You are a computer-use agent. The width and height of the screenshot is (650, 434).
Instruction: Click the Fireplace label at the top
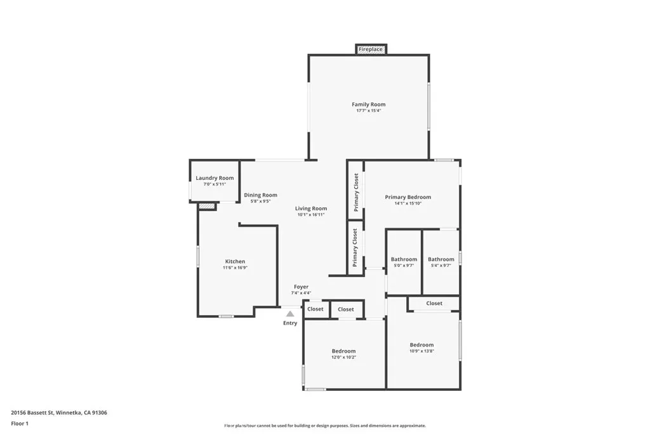point(371,49)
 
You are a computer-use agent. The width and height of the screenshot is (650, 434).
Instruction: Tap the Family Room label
point(368,104)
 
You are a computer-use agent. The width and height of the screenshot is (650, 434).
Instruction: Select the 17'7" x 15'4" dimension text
point(368,111)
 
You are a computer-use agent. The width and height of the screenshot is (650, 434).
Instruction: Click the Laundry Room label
point(215,178)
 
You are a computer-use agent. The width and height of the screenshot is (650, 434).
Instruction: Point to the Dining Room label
point(260,195)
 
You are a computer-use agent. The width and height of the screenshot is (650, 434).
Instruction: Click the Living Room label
point(311,208)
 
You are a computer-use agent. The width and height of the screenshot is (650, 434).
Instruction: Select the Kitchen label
point(235,261)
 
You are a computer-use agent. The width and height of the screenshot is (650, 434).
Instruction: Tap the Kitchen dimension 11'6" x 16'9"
point(235,268)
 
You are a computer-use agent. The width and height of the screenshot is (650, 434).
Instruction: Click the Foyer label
point(301,287)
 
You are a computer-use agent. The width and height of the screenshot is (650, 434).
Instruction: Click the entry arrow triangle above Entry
point(290,313)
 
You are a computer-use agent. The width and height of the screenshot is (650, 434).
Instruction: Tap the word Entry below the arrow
point(290,323)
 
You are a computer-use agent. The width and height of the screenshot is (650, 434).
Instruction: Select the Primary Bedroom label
point(408,197)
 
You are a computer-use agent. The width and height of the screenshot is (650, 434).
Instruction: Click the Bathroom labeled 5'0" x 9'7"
point(404,259)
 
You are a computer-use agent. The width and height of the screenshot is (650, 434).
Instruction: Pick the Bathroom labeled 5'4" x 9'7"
point(441,259)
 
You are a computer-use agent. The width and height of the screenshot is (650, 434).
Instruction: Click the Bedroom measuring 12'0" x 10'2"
point(343,351)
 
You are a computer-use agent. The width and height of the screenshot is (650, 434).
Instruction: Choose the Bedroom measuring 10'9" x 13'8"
point(421,344)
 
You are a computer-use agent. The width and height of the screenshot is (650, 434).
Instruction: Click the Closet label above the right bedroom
point(434,303)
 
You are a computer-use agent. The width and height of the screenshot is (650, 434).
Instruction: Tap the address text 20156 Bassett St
point(59,412)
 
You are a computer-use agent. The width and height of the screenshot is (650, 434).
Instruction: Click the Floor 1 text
point(20,423)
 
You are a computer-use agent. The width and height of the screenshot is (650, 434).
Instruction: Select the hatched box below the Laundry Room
point(207,206)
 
